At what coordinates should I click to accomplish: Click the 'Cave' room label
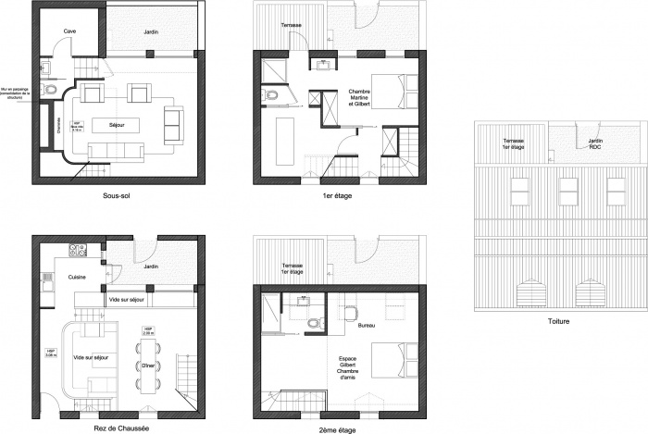click(69, 31)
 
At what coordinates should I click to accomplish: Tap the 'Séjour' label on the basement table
click(117, 124)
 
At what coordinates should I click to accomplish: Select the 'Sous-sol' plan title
click(117, 197)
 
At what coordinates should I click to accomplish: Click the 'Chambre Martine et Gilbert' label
click(358, 98)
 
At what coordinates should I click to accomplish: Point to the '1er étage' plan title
click(337, 196)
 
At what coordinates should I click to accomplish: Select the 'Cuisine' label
click(76, 277)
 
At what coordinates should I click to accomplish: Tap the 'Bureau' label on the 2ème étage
click(366, 327)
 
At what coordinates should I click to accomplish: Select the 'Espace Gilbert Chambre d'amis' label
click(349, 367)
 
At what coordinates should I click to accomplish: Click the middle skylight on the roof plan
click(567, 190)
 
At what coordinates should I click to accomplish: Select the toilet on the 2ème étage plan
click(315, 323)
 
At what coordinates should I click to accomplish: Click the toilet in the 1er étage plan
click(270, 95)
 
